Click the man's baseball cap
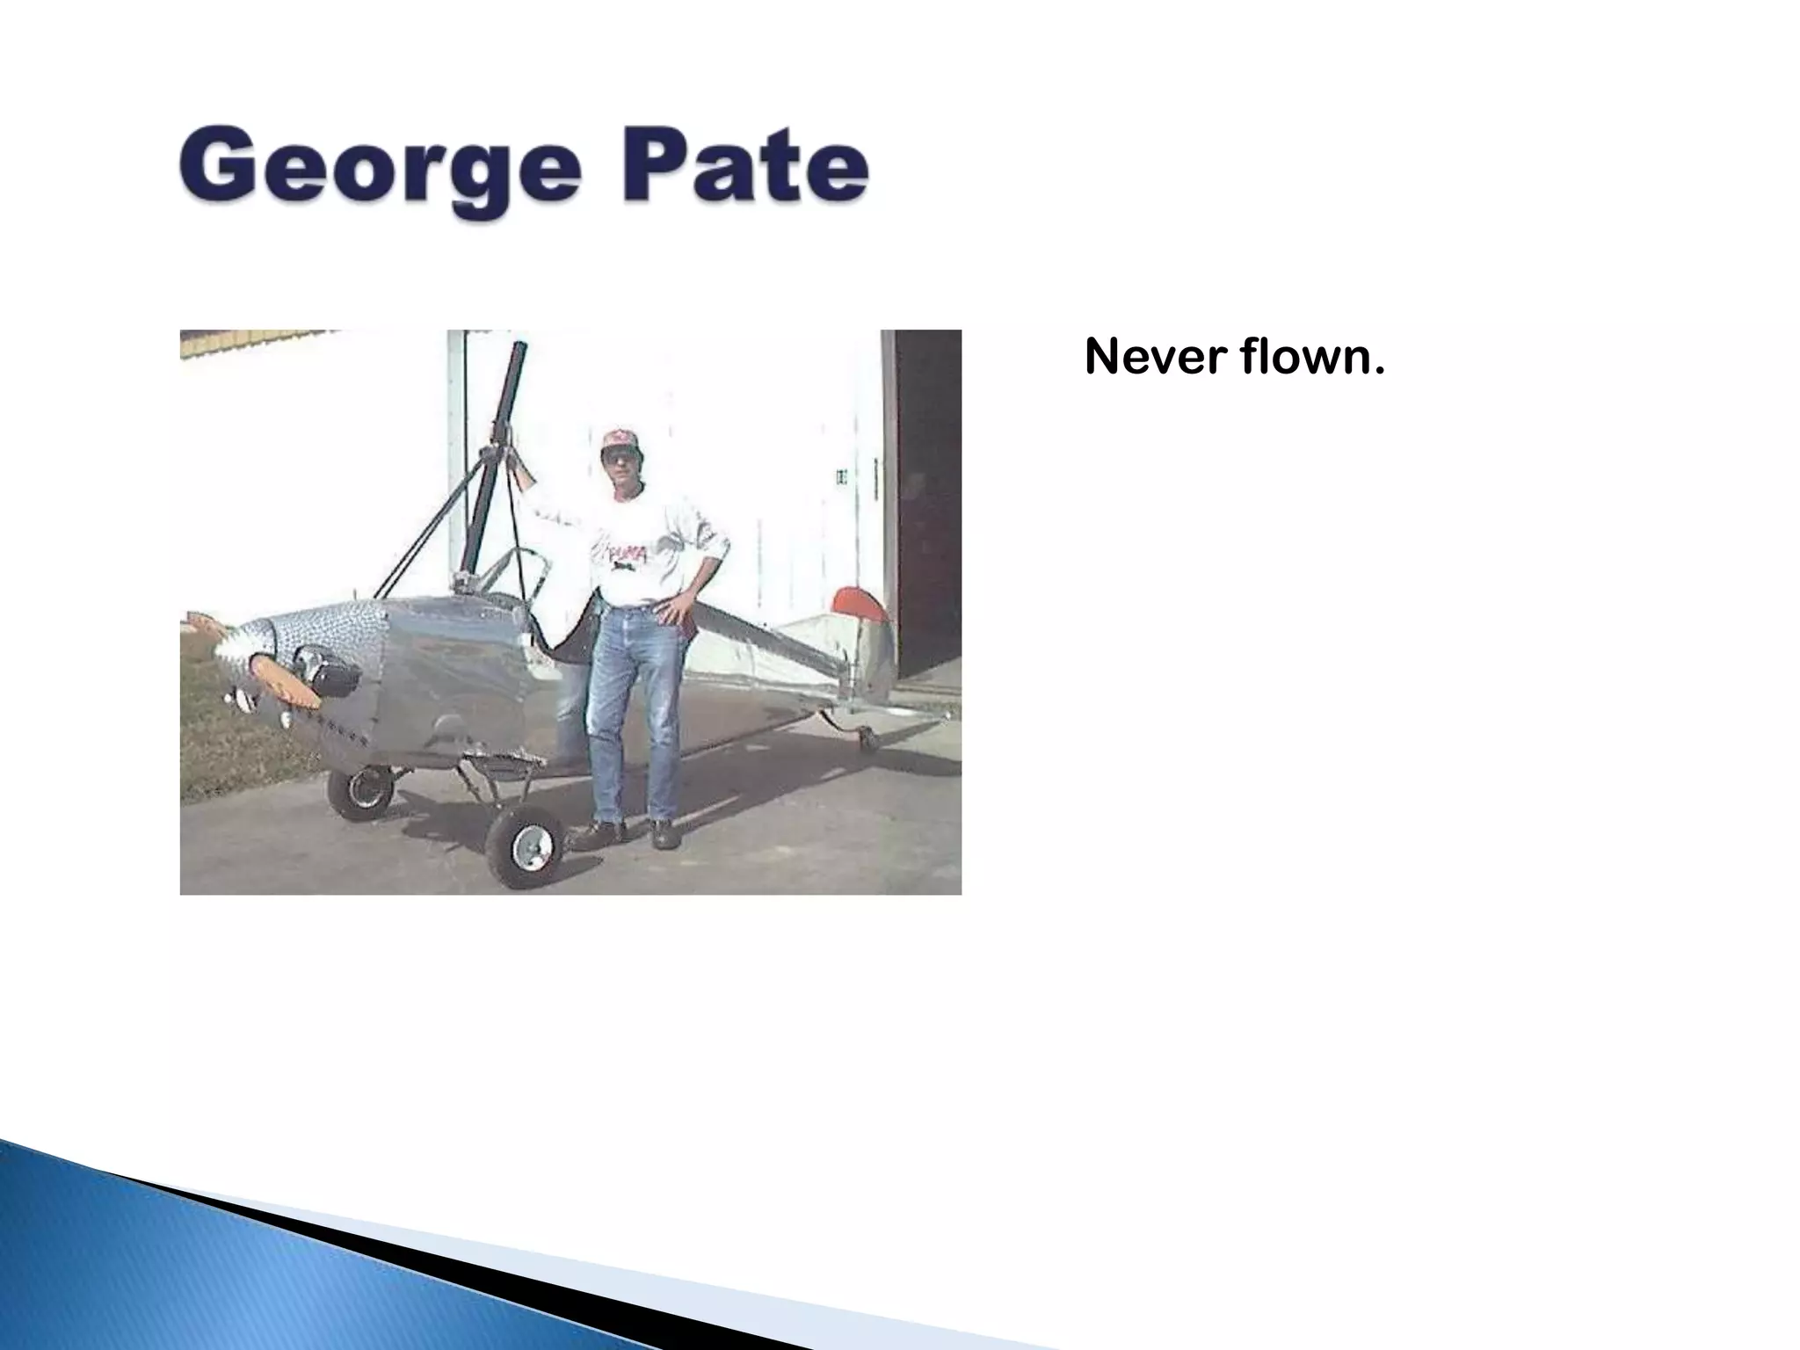620,439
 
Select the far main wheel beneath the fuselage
361,790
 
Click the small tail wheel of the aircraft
868,737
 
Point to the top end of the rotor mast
519,349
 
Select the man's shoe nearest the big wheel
601,833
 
